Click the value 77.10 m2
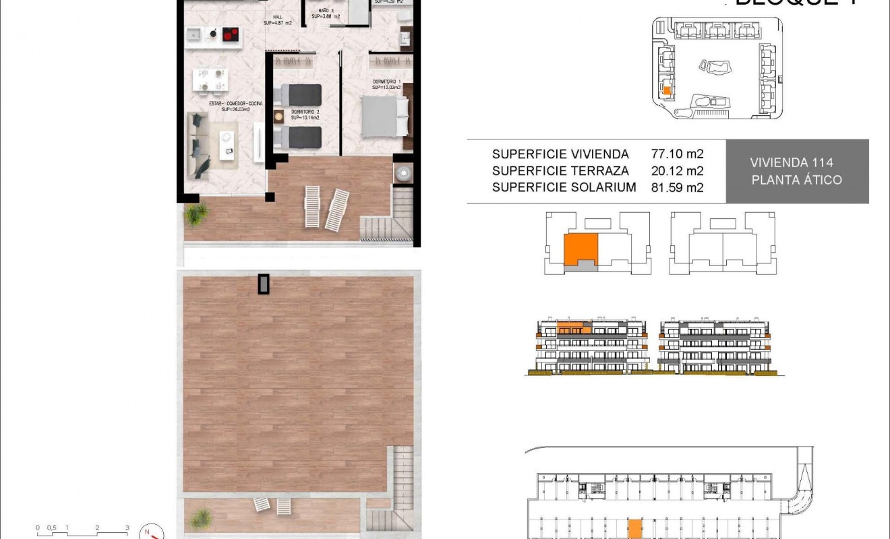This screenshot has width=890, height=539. (677, 154)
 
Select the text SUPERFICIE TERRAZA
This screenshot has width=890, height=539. (560, 171)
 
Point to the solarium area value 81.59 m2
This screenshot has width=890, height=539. (677, 188)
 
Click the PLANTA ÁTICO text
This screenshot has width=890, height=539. (796, 180)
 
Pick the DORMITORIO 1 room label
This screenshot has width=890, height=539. (386, 84)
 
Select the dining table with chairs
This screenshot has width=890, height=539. (209, 80)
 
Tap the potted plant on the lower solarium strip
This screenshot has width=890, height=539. (200, 517)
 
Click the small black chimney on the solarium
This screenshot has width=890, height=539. (263, 284)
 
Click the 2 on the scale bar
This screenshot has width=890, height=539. (97, 528)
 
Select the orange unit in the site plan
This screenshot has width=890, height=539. (667, 90)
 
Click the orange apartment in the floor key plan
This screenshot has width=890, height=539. (580, 249)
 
